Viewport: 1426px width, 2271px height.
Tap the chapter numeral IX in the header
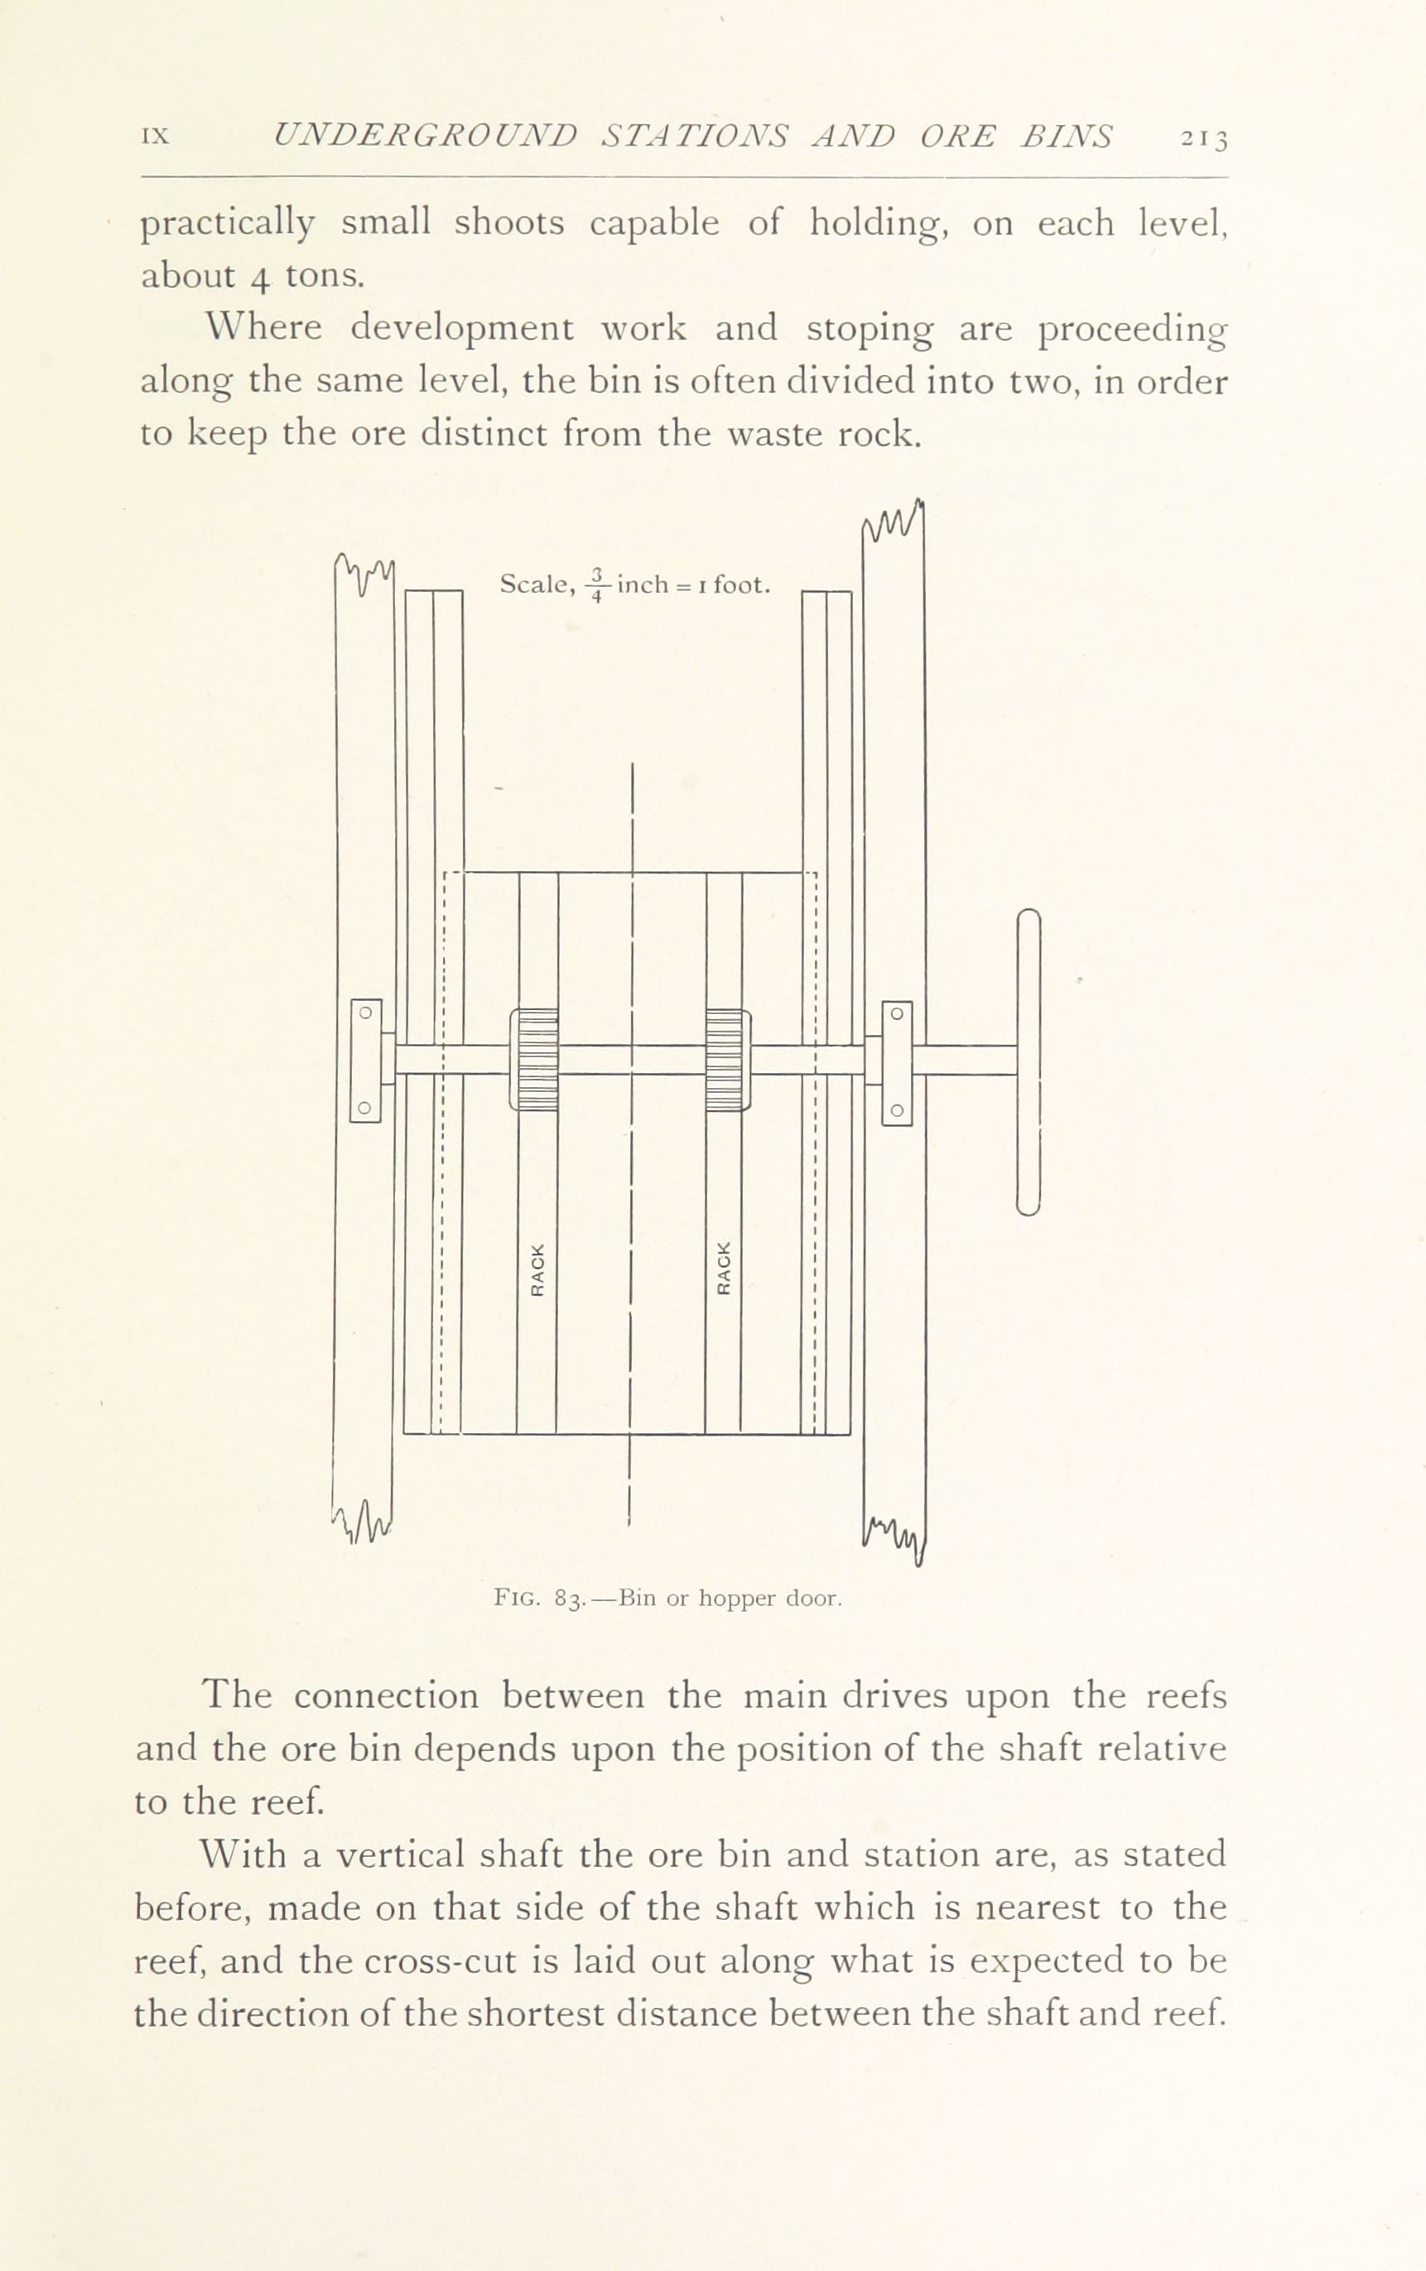pos(155,136)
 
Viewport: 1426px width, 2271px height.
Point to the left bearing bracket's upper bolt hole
pos(367,1013)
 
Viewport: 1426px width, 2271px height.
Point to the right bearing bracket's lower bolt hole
pos(898,1110)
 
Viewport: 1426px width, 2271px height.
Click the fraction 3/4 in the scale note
pos(596,585)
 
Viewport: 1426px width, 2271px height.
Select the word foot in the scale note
pos(741,585)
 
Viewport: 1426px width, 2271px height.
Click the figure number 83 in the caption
pos(566,1599)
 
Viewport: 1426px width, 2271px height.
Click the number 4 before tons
pos(260,277)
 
